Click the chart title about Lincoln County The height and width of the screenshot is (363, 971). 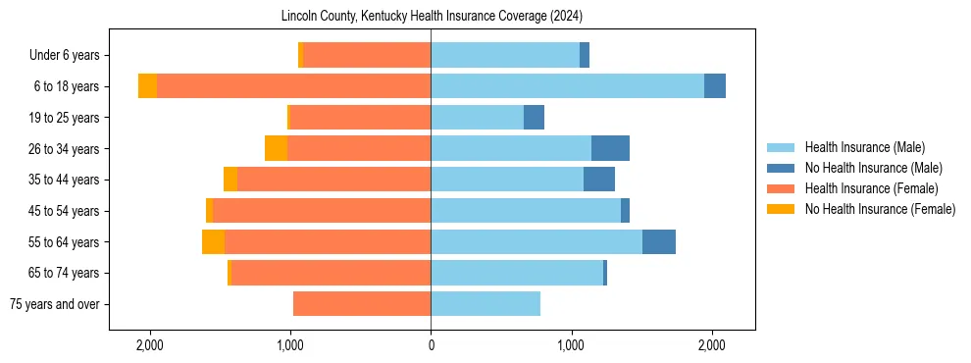432,17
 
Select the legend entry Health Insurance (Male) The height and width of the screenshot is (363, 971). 864,147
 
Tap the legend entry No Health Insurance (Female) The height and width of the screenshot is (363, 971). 880,209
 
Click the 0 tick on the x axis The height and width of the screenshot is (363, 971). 431,345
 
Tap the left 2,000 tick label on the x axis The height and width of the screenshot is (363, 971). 150,345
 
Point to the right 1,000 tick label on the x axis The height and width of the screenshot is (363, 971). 572,345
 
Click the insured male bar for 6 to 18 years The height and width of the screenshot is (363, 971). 567,86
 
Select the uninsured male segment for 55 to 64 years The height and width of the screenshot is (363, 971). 659,241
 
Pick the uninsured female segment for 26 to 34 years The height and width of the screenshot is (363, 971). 276,148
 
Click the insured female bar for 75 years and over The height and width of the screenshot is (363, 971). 362,304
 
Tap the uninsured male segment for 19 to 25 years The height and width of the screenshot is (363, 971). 534,118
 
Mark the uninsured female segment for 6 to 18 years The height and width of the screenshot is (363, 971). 147,86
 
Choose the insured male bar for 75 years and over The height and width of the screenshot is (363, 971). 485,304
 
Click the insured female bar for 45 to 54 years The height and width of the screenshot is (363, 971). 322,211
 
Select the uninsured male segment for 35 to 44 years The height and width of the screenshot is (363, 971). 599,180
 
